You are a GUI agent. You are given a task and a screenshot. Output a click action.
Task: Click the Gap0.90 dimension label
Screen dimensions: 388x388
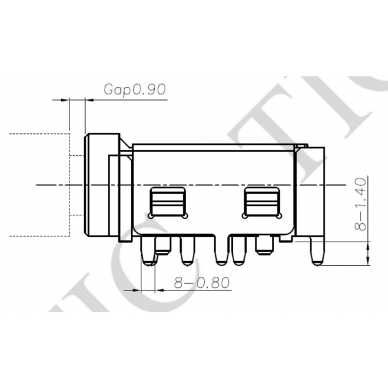(x=134, y=89)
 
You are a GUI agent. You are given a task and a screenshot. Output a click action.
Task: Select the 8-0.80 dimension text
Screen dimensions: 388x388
(x=202, y=283)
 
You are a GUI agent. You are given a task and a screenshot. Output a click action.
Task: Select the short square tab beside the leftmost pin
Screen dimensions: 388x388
(x=161, y=246)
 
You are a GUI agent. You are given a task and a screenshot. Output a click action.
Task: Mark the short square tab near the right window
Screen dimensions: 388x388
(x=263, y=246)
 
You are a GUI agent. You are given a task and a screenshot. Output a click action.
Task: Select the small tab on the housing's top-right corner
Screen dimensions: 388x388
(x=300, y=146)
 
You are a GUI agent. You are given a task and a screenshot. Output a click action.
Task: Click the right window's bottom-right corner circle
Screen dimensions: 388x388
(x=278, y=216)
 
